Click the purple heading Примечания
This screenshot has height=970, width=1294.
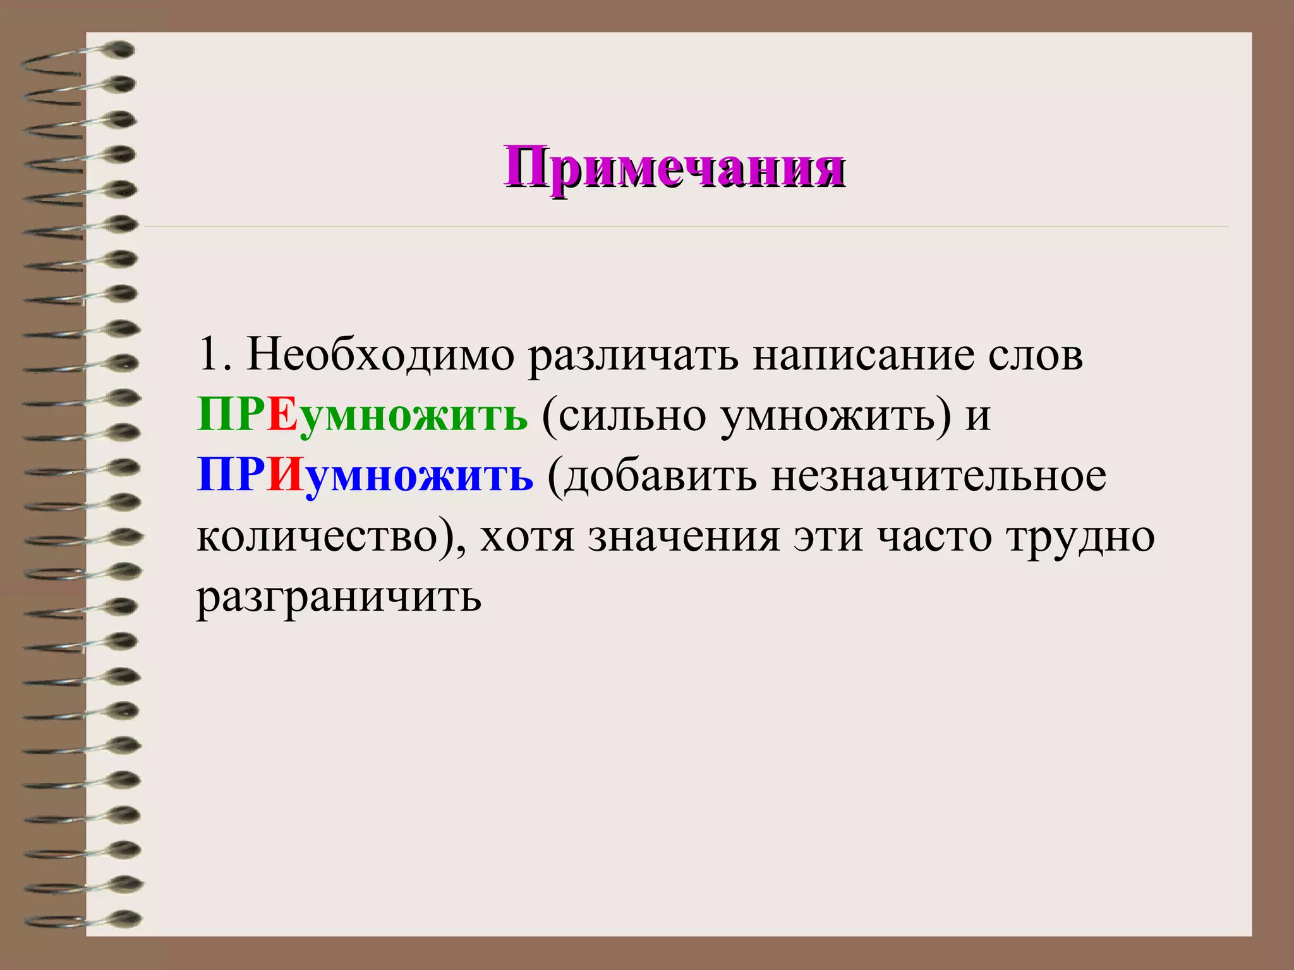(674, 167)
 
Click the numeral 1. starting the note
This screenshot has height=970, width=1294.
(215, 355)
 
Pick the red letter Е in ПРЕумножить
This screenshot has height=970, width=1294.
(282, 416)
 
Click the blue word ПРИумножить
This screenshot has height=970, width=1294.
(365, 477)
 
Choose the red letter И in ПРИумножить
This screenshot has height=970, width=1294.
(286, 476)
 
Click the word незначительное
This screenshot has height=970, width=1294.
(938, 477)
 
